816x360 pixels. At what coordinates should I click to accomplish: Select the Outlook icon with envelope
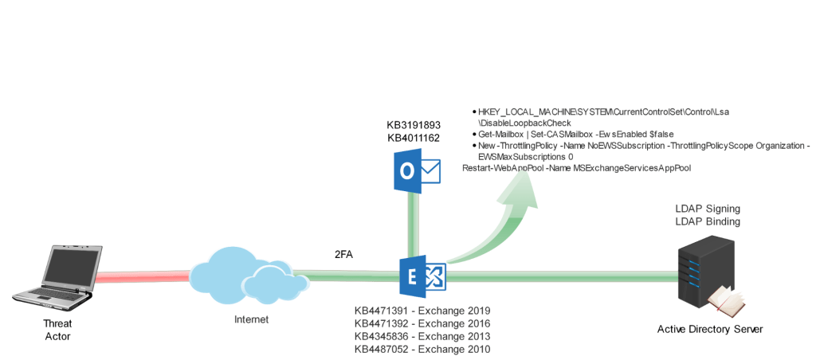[x=417, y=170]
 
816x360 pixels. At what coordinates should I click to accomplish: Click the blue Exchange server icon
[x=422, y=276]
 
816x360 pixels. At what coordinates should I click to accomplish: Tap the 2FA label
[x=343, y=255]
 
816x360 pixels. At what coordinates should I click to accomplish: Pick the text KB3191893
[x=414, y=125]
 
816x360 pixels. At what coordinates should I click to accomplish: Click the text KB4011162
[x=414, y=138]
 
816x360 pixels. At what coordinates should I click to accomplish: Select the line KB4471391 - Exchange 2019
[x=422, y=310]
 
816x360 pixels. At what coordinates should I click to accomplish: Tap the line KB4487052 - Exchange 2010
[x=422, y=348]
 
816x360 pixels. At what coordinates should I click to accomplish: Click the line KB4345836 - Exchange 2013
[x=422, y=335]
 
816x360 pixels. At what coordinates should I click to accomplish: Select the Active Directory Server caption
[x=710, y=329]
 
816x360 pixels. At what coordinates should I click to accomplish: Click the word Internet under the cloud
[x=251, y=319]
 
